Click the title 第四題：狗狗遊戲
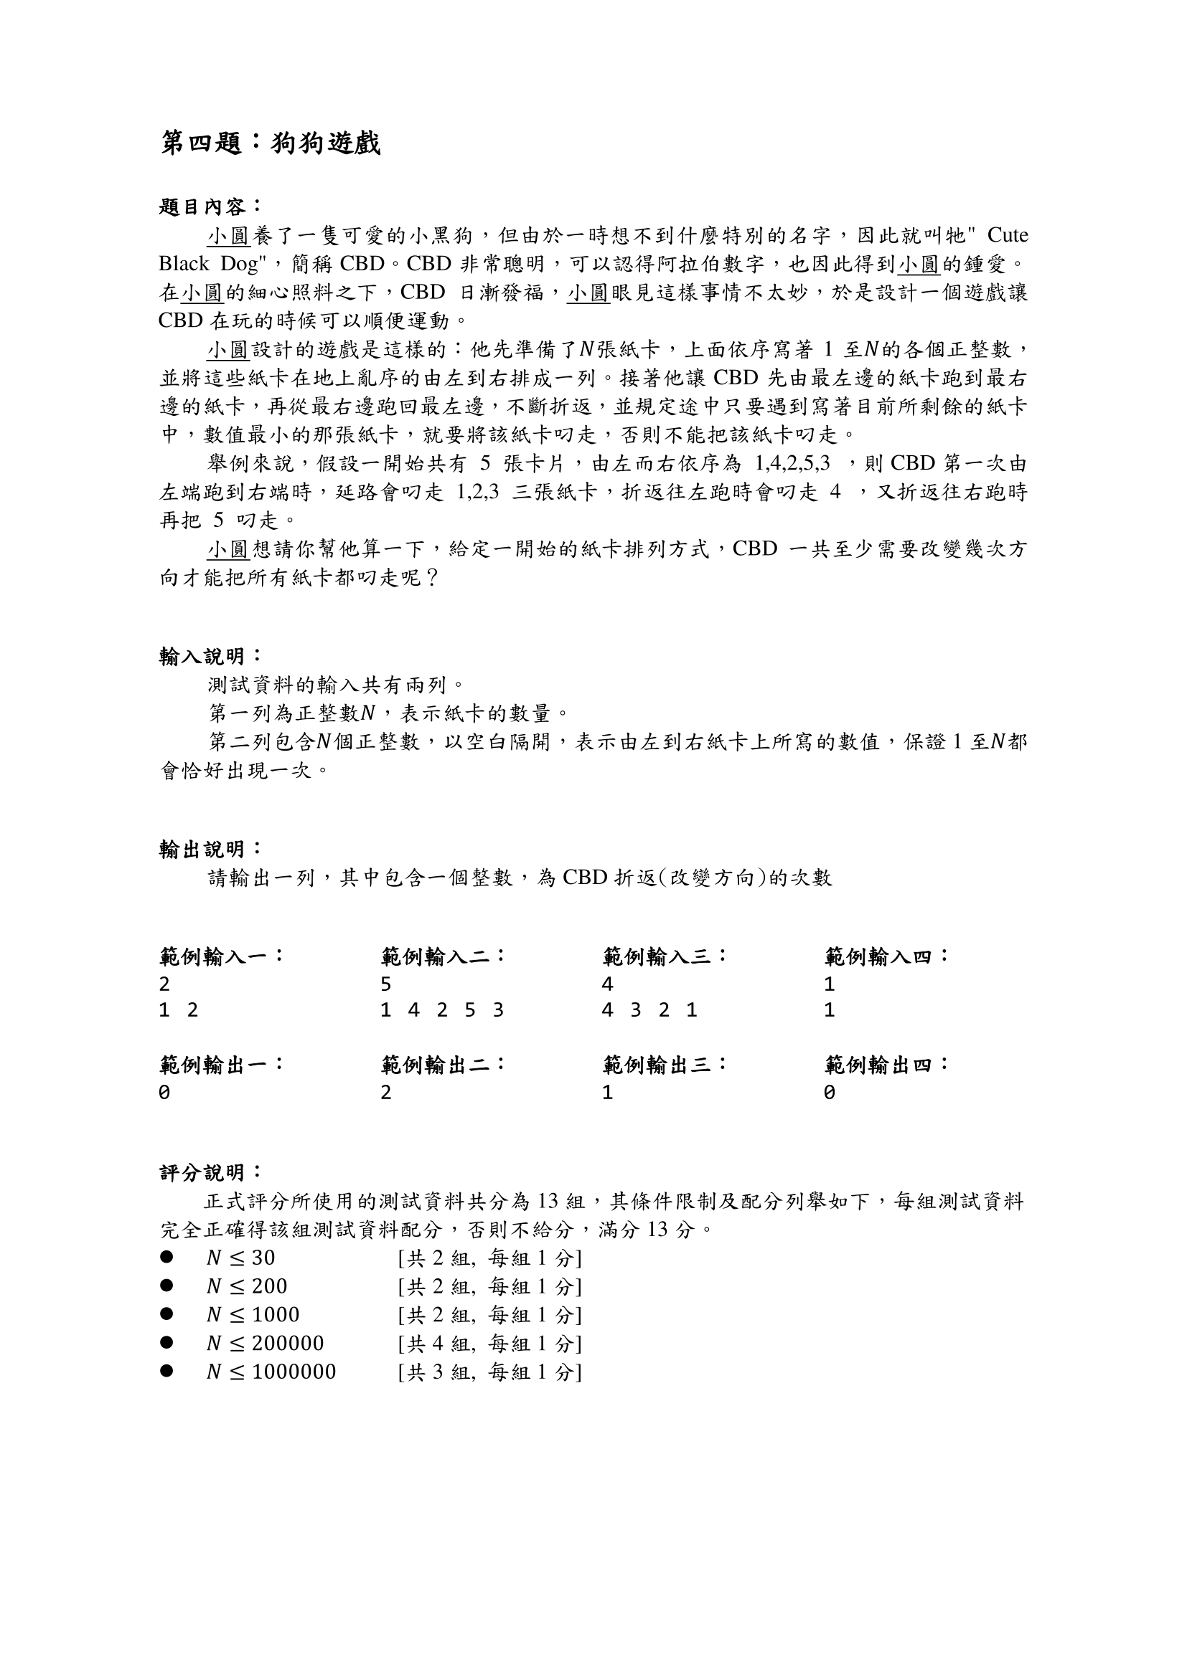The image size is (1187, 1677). pos(271,143)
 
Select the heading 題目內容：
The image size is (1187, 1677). pos(210,206)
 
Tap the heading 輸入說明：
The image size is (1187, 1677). pos(210,656)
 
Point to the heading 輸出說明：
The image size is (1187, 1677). pos(210,849)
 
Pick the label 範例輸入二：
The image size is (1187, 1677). pos(443,956)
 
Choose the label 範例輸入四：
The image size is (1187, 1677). pos(886,956)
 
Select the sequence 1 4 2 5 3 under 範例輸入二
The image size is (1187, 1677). pos(442,1010)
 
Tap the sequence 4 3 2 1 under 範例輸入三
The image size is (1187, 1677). pos(649,1010)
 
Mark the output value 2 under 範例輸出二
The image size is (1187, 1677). pos(386,1093)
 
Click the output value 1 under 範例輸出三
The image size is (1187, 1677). pos(607,1093)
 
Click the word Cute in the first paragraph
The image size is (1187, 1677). pos(1007,235)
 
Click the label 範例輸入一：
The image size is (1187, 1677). pos(222,956)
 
